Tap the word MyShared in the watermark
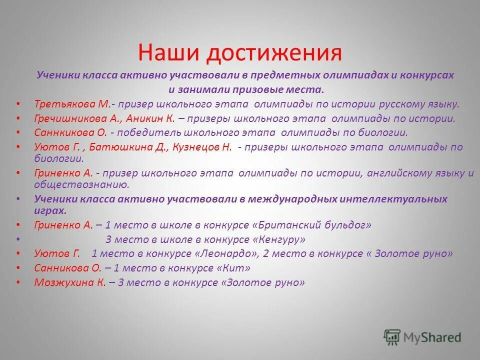coord(433,337)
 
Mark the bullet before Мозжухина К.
coord(18,282)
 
